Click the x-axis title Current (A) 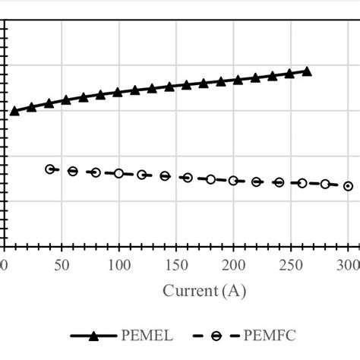click(x=204, y=291)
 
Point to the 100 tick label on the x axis click(x=118, y=264)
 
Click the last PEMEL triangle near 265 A click(x=307, y=71)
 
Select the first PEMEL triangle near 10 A click(x=14, y=111)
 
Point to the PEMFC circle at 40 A click(x=50, y=169)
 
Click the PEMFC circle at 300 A click(x=348, y=185)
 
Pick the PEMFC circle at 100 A click(x=118, y=174)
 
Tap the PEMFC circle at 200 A click(x=233, y=181)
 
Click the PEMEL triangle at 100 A click(x=118, y=92)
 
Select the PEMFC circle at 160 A click(x=188, y=178)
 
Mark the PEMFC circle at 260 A click(x=302, y=183)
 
